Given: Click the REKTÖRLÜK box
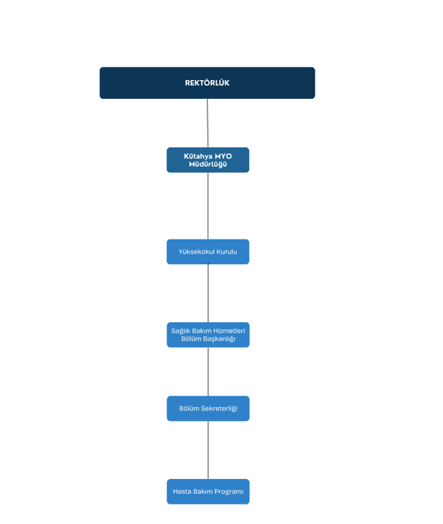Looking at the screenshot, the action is coord(207,83).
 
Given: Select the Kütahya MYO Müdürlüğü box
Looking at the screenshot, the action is coord(208,160).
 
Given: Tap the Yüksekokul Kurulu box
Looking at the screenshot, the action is coord(208,252).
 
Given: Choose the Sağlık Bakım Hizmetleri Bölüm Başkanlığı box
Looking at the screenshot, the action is coord(208,335).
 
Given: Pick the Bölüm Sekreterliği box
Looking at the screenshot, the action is coord(208,409).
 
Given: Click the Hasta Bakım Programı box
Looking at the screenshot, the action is coord(208,491).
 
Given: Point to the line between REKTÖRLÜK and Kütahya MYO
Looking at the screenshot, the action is coord(208,123).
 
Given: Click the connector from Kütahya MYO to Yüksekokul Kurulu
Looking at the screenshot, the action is coord(208,206).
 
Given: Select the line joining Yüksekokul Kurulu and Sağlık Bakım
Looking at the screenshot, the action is coord(208,293).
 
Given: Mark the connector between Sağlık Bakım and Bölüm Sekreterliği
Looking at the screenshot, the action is coord(208,372).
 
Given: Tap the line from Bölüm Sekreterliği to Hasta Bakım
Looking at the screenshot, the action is coord(208,450).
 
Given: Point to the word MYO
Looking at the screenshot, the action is coord(223,156).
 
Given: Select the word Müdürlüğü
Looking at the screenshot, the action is coord(208,164).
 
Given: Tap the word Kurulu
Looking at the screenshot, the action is coord(227,252).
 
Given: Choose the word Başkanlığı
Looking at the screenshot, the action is coord(219,339).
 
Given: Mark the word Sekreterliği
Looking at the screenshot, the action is coord(219,409).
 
